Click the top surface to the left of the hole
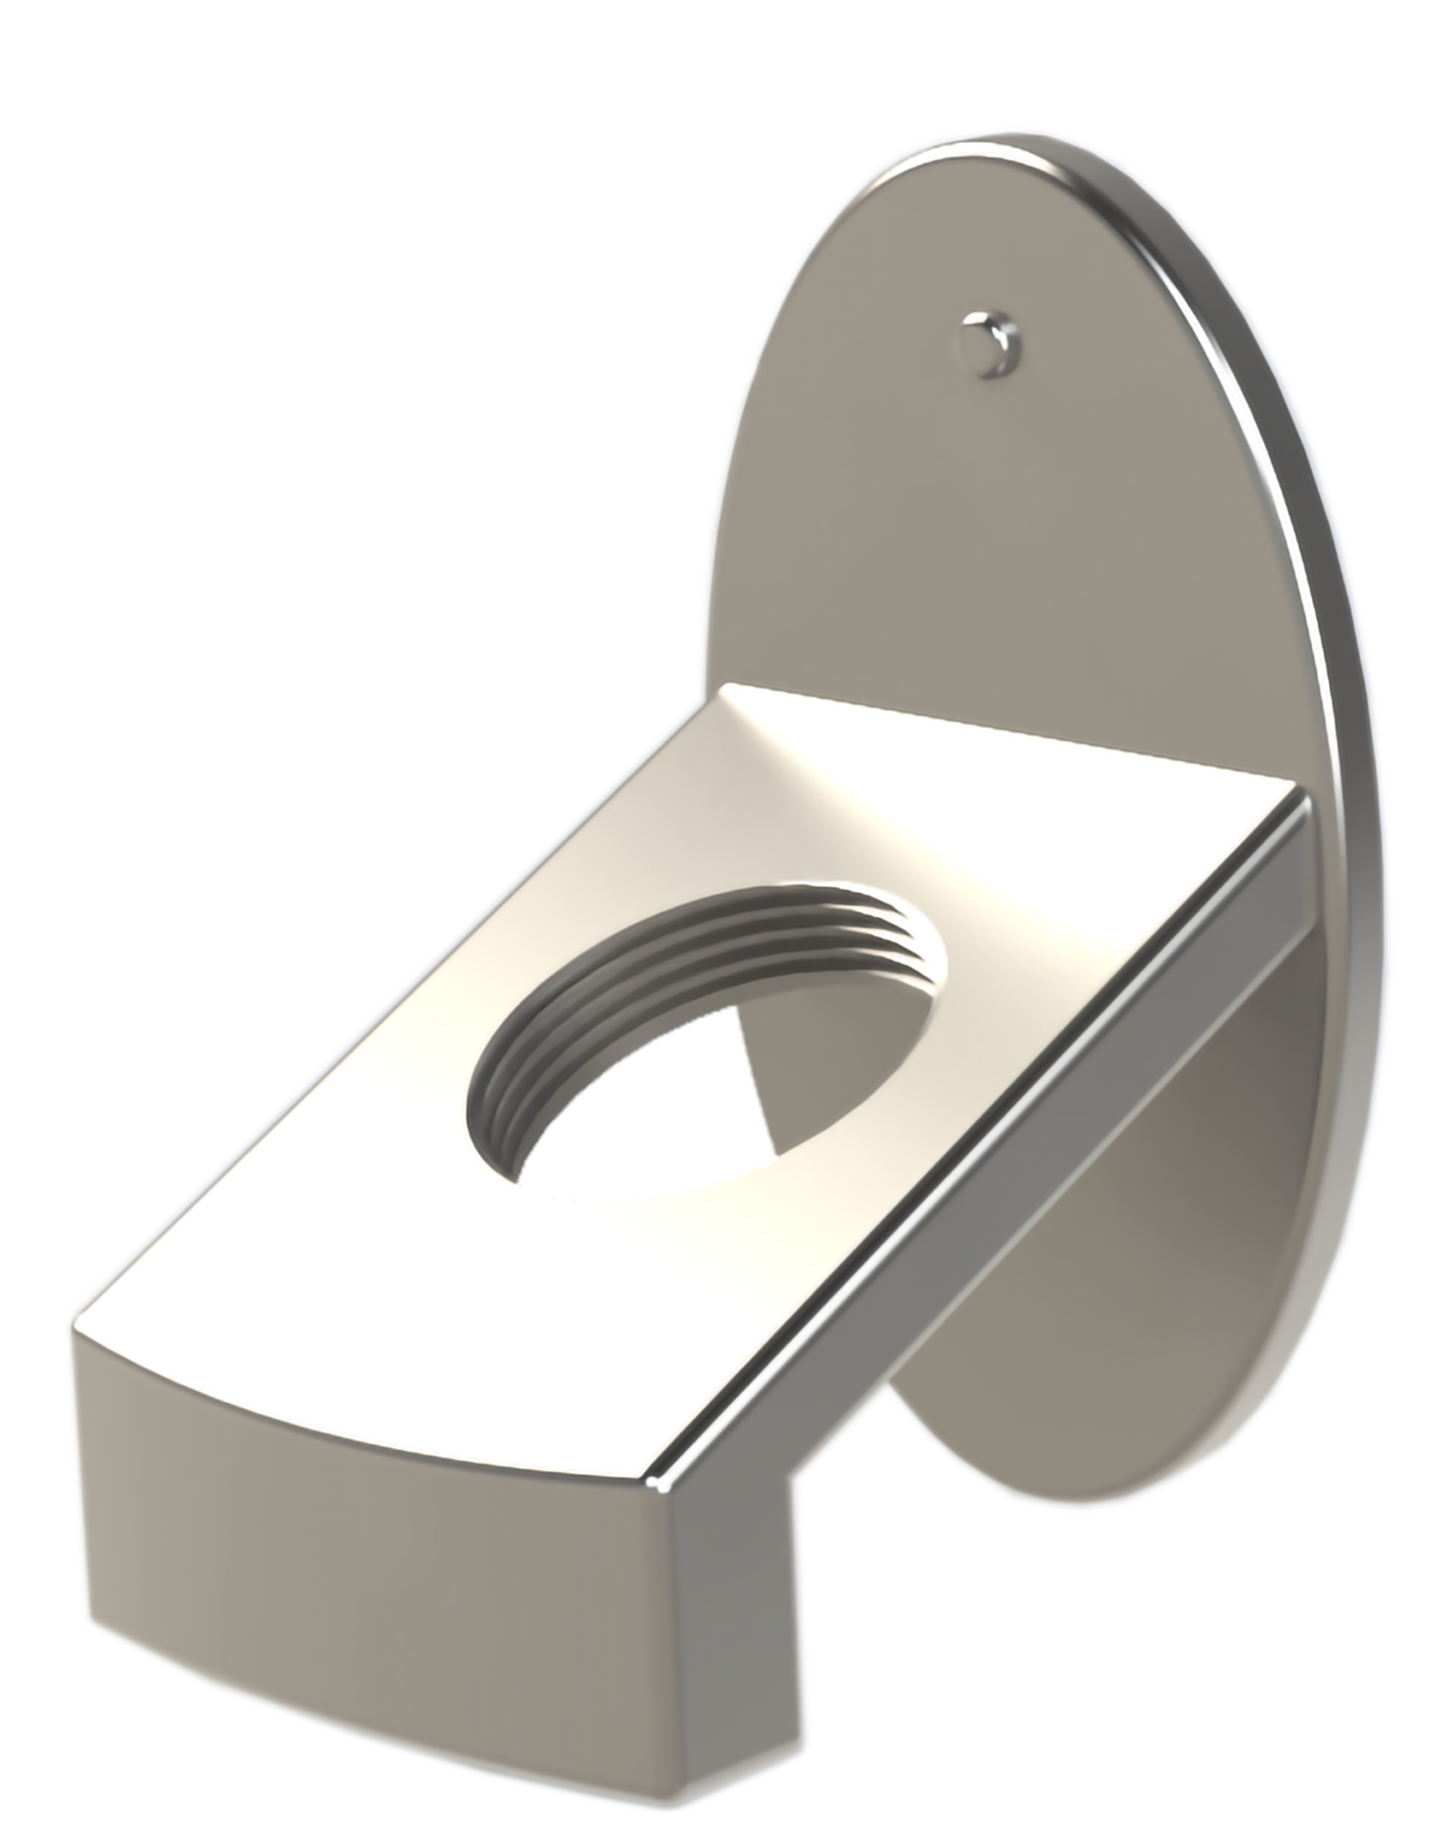384,1052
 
